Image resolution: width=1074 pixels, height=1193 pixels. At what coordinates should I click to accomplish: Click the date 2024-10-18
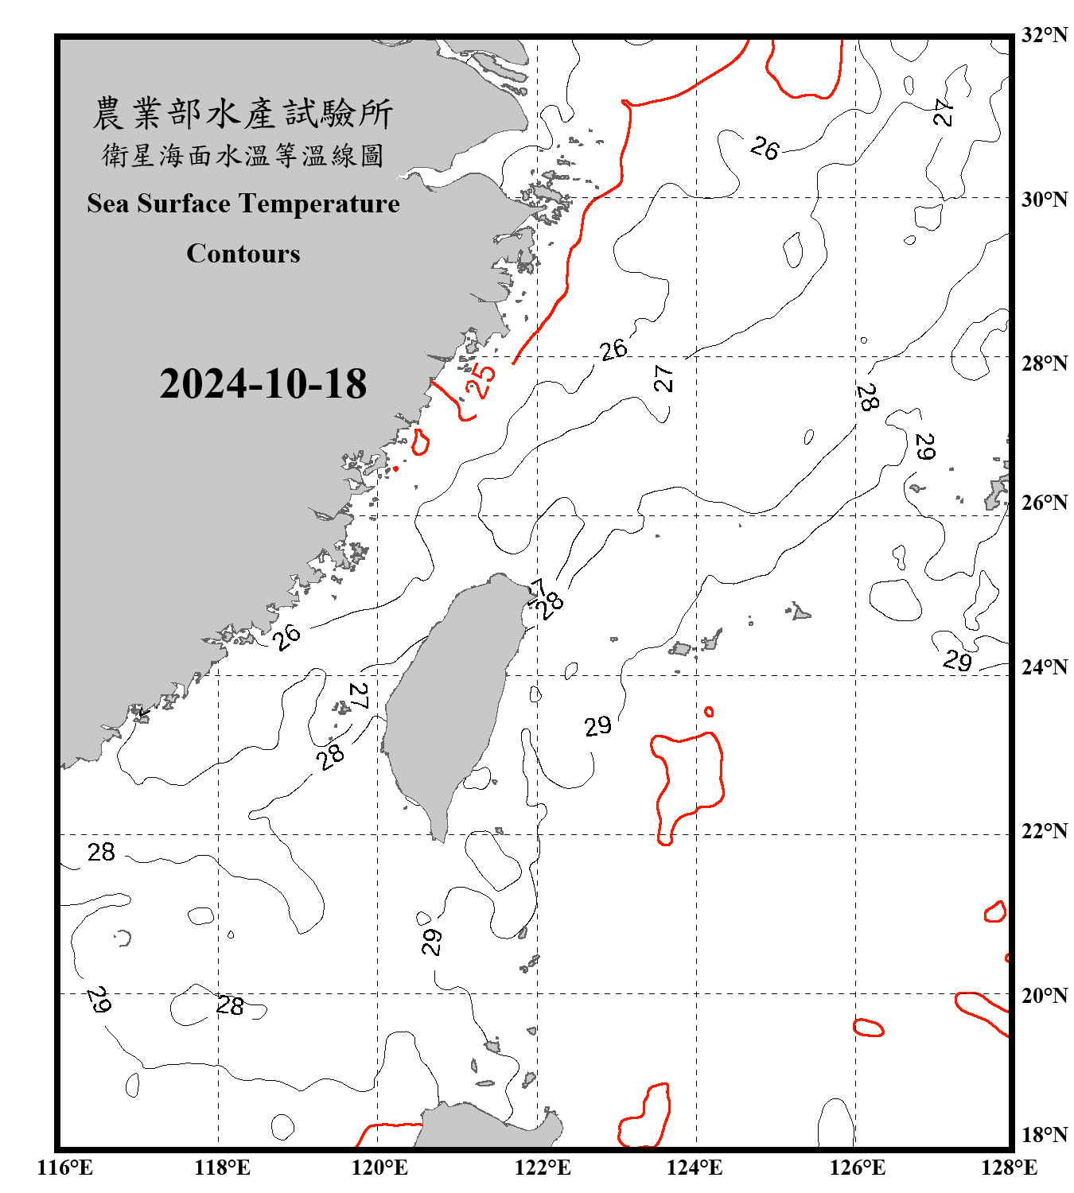(263, 384)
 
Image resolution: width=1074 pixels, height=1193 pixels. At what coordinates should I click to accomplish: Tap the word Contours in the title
(243, 254)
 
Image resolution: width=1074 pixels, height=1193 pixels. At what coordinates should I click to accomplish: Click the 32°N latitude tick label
(1044, 34)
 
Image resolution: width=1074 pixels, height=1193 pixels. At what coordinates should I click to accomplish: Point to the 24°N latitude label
(1044, 666)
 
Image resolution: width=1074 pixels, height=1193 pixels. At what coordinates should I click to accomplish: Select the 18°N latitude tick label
(1044, 1135)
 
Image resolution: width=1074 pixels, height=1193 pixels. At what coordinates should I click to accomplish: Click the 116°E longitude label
(64, 1168)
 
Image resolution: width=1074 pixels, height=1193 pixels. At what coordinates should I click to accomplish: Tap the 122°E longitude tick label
(543, 1168)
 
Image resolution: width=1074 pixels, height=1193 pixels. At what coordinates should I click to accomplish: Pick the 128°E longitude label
(1009, 1168)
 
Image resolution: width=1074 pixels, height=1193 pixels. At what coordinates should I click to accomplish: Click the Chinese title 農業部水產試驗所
(243, 114)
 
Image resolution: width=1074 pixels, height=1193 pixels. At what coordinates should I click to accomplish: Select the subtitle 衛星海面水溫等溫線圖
(243, 156)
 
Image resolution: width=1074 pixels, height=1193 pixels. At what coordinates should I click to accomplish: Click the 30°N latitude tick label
(1044, 199)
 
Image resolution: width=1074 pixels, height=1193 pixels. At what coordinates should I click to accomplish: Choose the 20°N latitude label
(1044, 995)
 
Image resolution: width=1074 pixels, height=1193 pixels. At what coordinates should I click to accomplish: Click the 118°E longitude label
(222, 1168)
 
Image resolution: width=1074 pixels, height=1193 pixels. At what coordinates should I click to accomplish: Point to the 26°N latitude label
(1044, 503)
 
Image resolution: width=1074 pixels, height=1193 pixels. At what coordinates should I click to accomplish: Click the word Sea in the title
(108, 204)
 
